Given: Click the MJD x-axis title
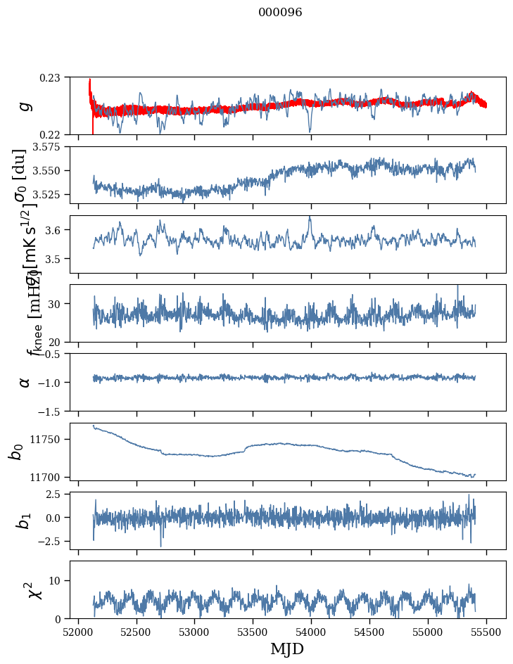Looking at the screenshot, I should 287,649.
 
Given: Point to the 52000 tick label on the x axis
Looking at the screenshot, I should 78,632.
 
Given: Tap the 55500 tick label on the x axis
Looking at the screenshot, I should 487,632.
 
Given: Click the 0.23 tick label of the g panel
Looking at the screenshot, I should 51,77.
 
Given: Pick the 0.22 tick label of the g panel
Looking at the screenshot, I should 51,134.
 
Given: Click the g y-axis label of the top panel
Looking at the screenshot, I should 25,106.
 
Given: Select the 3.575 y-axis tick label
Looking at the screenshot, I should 46,147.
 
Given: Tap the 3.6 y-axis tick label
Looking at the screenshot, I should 53,230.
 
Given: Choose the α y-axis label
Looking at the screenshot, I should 25,381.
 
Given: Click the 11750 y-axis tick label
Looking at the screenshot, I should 46,439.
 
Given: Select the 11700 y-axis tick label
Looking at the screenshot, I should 46,477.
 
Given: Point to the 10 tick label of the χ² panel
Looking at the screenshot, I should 56,580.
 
